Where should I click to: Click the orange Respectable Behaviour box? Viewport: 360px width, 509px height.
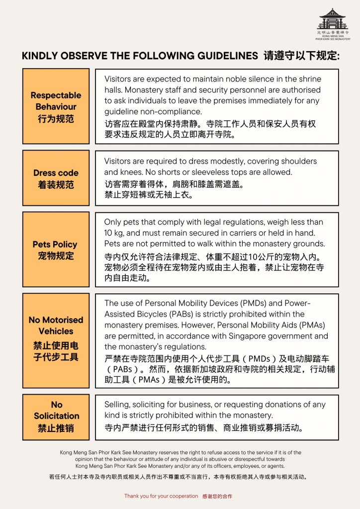pyautogui.click(x=56, y=106)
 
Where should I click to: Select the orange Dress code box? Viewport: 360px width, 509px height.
pyautogui.click(x=56, y=178)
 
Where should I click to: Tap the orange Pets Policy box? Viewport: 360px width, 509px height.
pyautogui.click(x=56, y=250)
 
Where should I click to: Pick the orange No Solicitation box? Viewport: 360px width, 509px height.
pyautogui.click(x=56, y=417)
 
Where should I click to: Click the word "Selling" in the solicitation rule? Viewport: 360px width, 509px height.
pyautogui.click(x=117, y=405)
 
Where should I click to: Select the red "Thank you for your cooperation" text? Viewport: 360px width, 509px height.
pyautogui.click(x=161, y=496)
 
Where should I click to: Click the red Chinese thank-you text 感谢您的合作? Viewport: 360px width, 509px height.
pyautogui.click(x=217, y=496)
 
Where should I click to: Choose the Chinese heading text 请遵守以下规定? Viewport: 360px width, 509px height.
pyautogui.click(x=301, y=56)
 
